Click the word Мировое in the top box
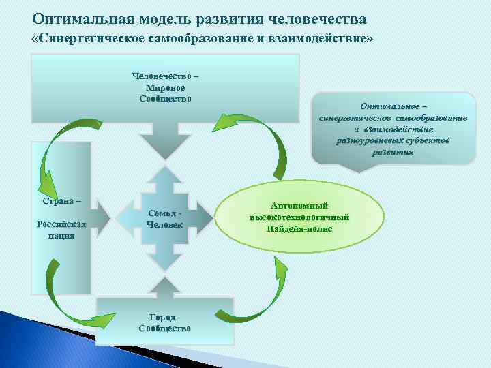point(165,87)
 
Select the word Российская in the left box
point(61,224)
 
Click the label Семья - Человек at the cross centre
point(165,219)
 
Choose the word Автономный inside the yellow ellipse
point(299,206)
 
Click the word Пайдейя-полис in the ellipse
point(299,228)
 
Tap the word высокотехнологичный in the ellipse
point(299,217)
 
